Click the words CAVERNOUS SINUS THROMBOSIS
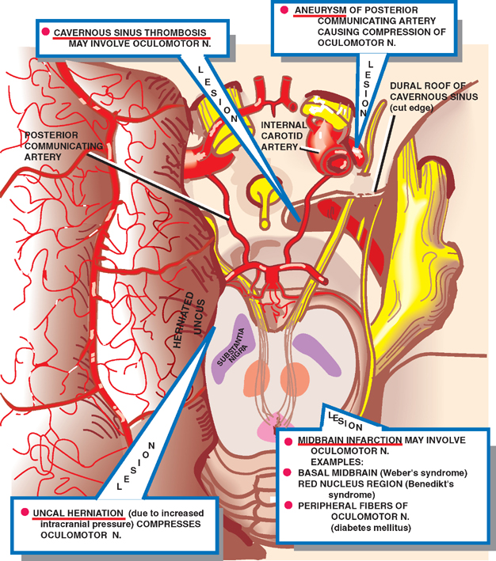[130, 33]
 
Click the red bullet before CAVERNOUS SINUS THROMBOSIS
[46, 33]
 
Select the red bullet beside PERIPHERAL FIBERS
[290, 505]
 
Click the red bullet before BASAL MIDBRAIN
[290, 472]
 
